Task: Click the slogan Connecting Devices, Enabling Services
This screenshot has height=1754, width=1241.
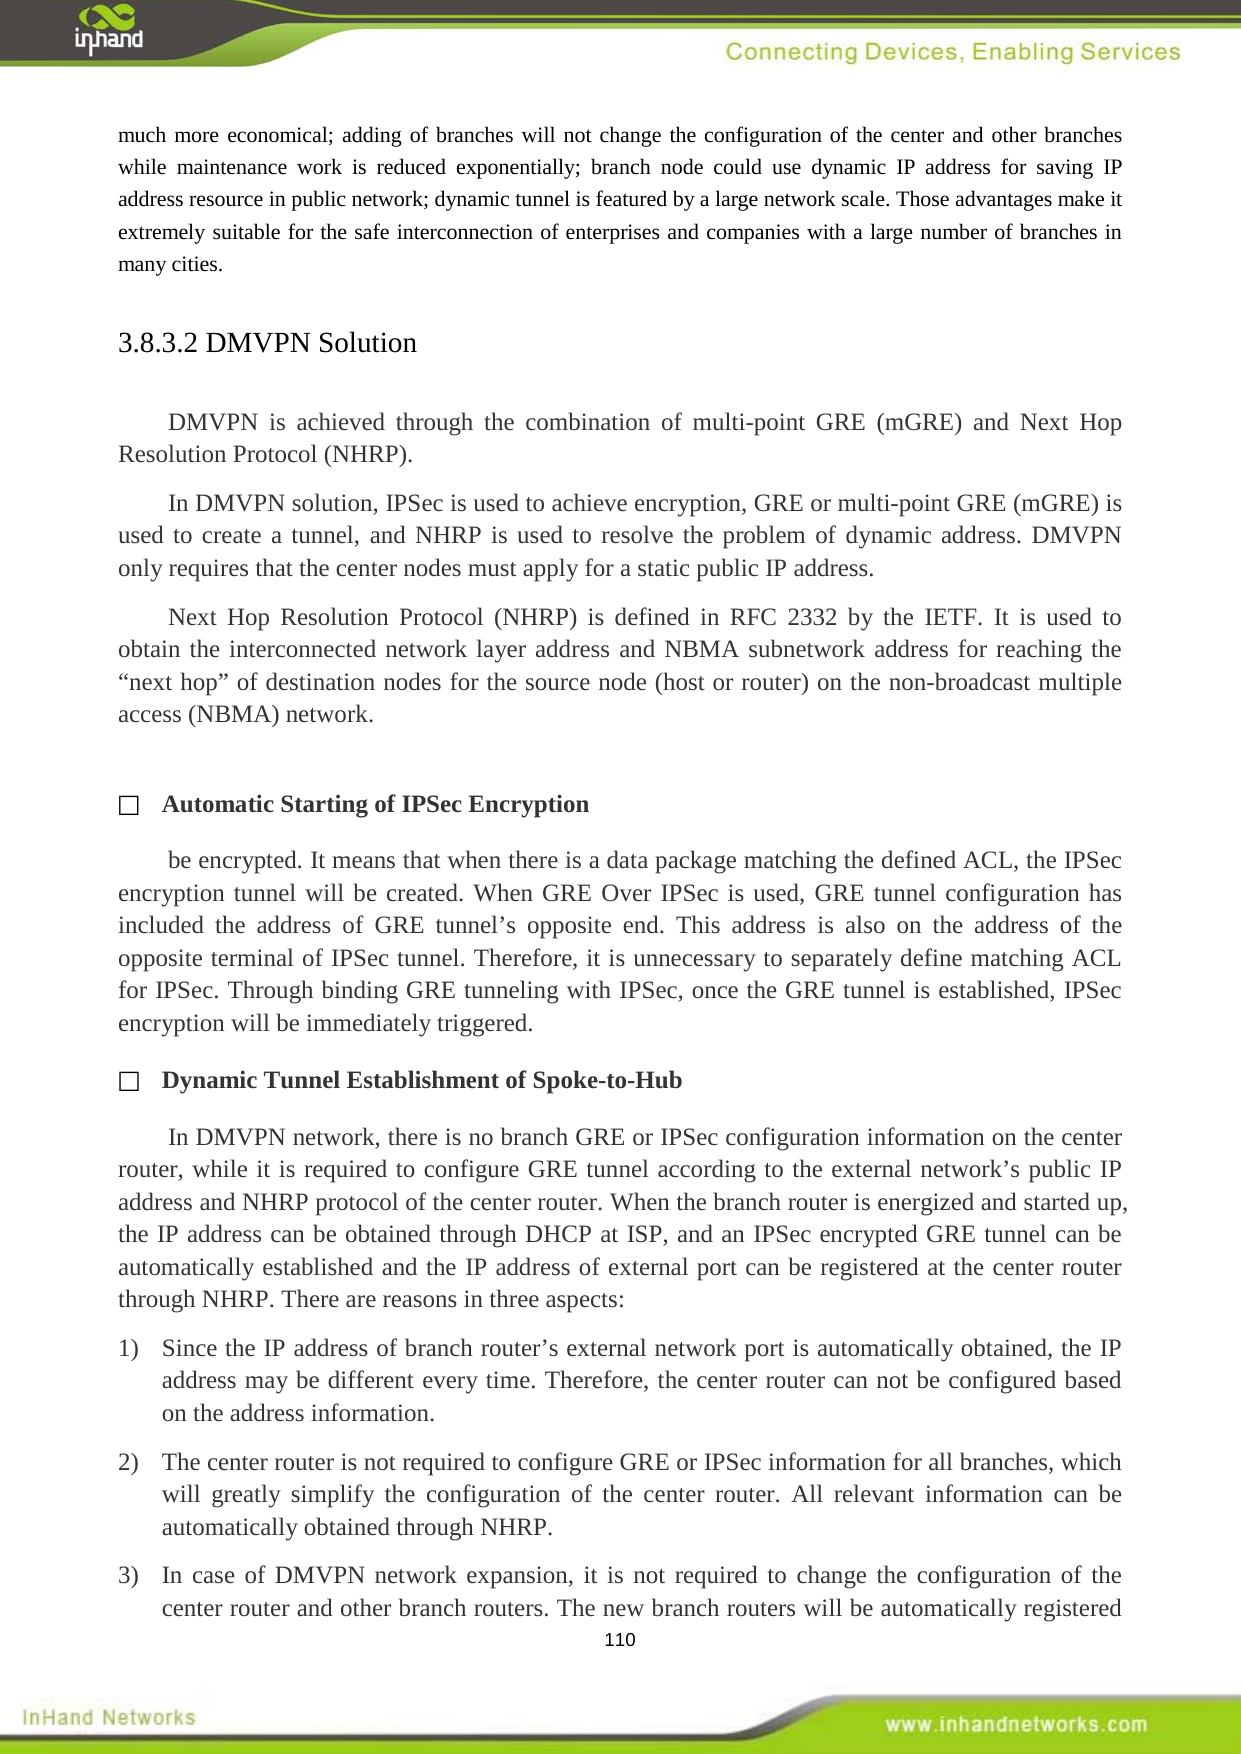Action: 952,52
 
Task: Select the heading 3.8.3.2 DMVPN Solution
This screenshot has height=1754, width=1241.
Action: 267,343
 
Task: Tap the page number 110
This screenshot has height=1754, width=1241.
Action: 620,1639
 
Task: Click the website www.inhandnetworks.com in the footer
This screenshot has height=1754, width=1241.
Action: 1015,1724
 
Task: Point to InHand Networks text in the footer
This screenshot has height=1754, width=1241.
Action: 108,1717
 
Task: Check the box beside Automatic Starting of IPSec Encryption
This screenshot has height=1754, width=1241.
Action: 128,806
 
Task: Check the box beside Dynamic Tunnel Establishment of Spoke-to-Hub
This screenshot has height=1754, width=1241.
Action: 128,1082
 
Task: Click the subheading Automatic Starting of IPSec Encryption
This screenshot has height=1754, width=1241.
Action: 375,804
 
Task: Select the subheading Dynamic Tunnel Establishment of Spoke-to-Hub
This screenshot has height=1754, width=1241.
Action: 421,1080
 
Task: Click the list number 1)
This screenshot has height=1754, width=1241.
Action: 128,1348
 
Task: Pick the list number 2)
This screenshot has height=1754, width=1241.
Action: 128,1462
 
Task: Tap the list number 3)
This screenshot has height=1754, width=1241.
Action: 128,1575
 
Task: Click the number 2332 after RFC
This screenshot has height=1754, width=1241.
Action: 811,617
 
